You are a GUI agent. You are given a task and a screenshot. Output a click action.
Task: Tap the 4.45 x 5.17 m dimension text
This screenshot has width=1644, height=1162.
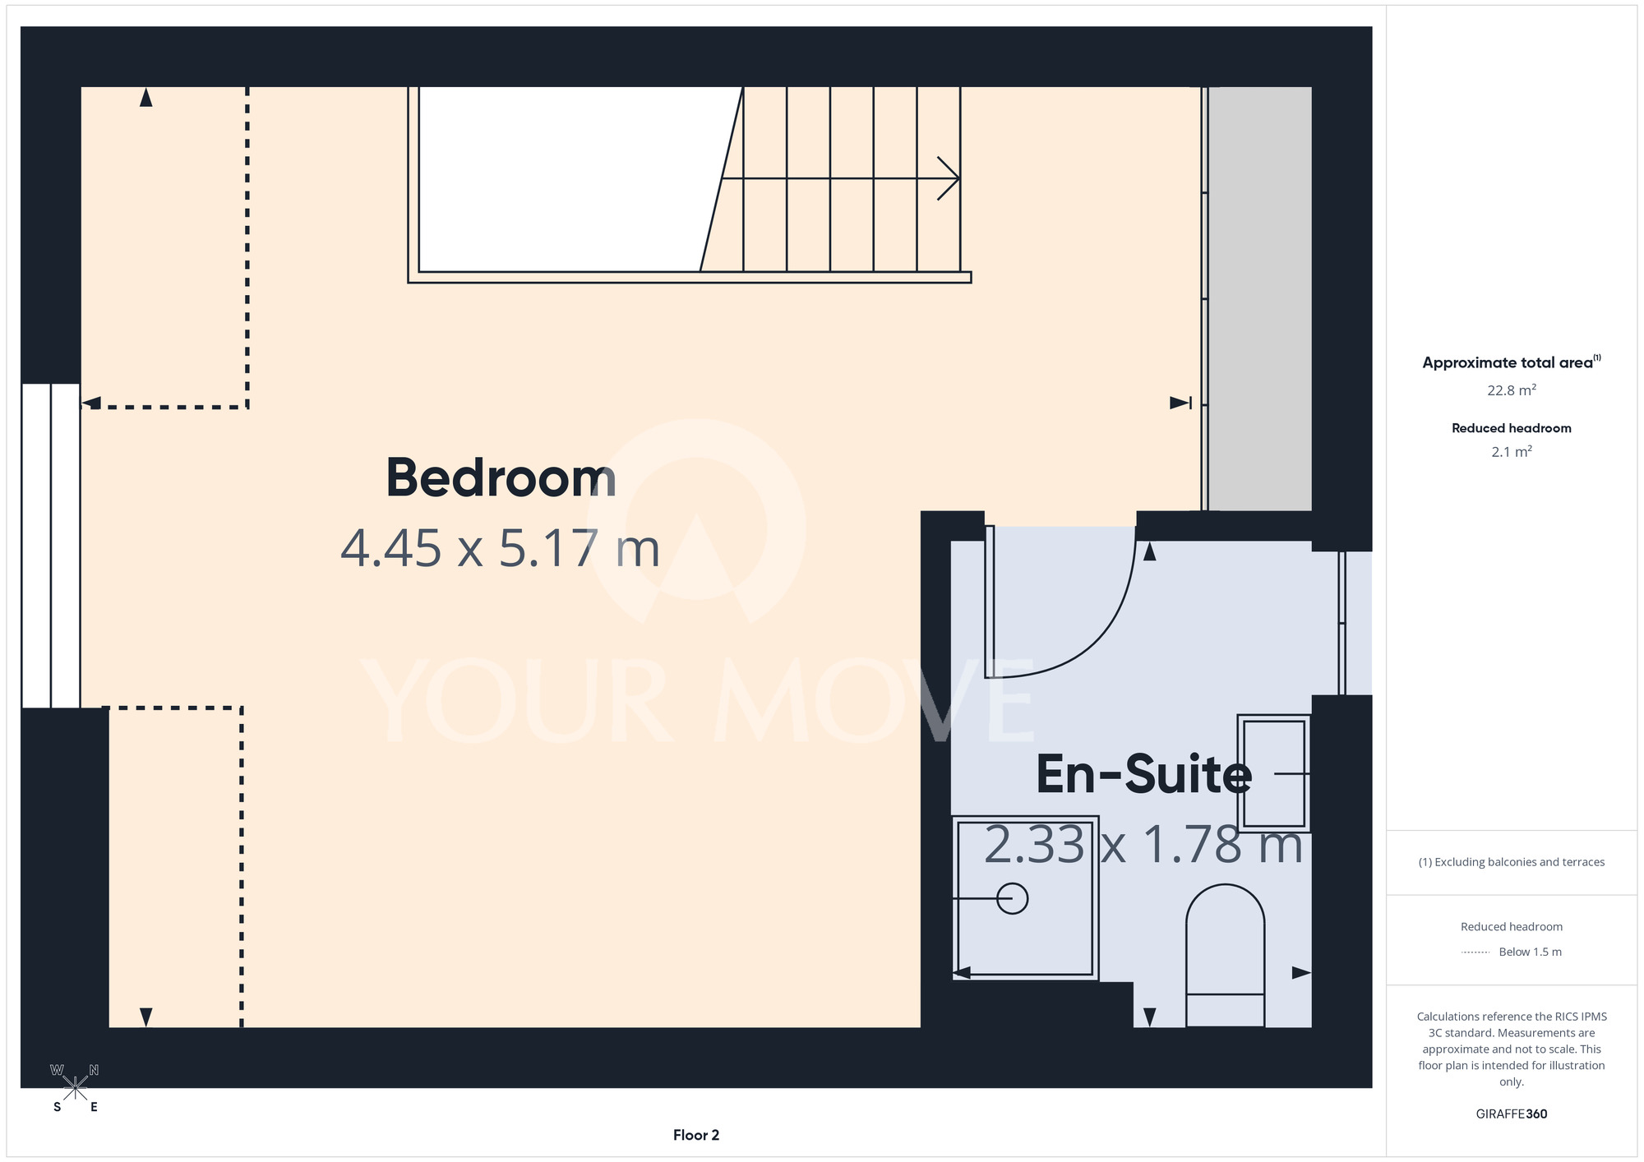click(x=500, y=548)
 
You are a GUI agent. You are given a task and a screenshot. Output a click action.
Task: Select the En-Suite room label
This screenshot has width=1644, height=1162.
click(x=1143, y=774)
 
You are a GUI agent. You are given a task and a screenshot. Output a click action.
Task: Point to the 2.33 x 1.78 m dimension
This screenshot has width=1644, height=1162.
click(x=1143, y=845)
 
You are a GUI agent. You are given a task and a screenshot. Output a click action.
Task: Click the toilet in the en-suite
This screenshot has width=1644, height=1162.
click(x=1225, y=955)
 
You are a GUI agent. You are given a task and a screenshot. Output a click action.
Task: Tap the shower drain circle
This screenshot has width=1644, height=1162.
click(x=1012, y=898)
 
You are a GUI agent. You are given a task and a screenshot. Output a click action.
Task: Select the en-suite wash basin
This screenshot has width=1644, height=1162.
click(x=1273, y=773)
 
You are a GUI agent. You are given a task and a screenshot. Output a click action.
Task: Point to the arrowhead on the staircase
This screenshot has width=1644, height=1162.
click(x=949, y=178)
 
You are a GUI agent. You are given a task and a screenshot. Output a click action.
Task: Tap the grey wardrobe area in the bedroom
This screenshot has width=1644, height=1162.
click(x=1259, y=298)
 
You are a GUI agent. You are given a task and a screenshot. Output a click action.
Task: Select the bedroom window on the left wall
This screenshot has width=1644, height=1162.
click(x=51, y=546)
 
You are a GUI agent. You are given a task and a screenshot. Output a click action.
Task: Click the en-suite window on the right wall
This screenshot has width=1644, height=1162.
click(x=1355, y=623)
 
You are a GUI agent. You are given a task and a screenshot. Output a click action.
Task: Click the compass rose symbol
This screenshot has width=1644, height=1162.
click(x=75, y=1088)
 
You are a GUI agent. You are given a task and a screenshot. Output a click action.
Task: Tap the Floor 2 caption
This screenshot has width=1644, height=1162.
click(x=696, y=1135)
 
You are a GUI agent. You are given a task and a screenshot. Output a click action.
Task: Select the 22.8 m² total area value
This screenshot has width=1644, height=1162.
click(x=1512, y=390)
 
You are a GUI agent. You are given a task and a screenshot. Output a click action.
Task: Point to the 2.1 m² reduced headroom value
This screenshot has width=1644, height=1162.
click(x=1512, y=452)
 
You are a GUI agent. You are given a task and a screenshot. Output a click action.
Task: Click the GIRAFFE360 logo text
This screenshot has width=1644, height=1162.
click(x=1512, y=1114)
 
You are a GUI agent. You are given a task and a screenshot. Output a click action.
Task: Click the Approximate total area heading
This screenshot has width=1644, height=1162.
click(x=1512, y=362)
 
